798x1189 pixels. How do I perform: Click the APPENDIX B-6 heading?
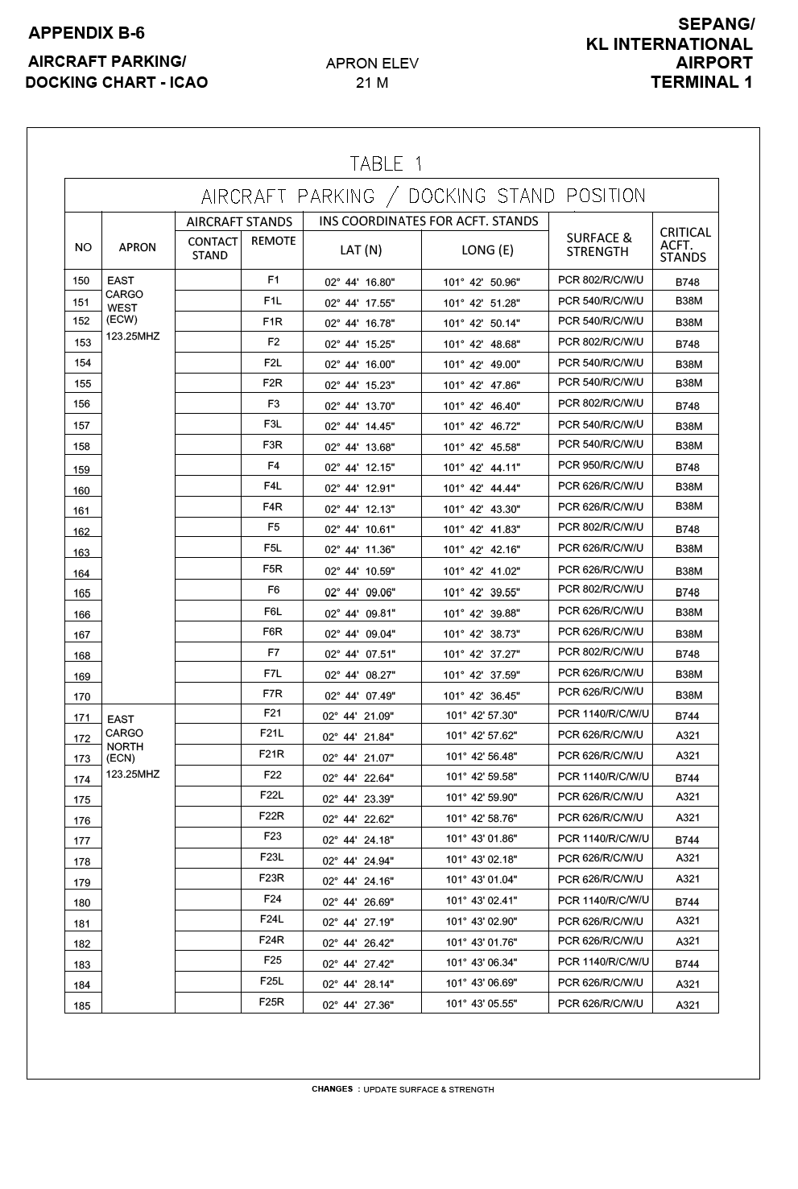86,33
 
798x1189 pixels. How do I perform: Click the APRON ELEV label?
372,64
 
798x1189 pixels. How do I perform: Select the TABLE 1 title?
387,164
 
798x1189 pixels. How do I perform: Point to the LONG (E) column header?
487,250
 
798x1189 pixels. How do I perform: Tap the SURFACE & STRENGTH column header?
599,245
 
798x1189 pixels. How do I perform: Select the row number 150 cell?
81,281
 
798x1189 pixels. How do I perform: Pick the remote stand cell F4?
274,465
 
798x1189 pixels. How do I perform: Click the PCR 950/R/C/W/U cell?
601,465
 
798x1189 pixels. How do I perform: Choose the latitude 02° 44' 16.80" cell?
360,283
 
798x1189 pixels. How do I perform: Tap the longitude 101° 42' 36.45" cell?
482,696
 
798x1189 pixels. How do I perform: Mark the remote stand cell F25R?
271,1002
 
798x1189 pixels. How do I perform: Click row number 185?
82,1006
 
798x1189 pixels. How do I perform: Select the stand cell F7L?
272,673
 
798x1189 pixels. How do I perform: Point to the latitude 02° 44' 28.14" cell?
358,985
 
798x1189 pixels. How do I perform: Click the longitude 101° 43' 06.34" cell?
482,962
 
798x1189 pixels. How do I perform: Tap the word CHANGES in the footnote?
332,1089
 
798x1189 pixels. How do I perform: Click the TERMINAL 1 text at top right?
701,82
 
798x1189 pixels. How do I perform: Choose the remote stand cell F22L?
271,795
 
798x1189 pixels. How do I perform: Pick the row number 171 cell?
82,718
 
